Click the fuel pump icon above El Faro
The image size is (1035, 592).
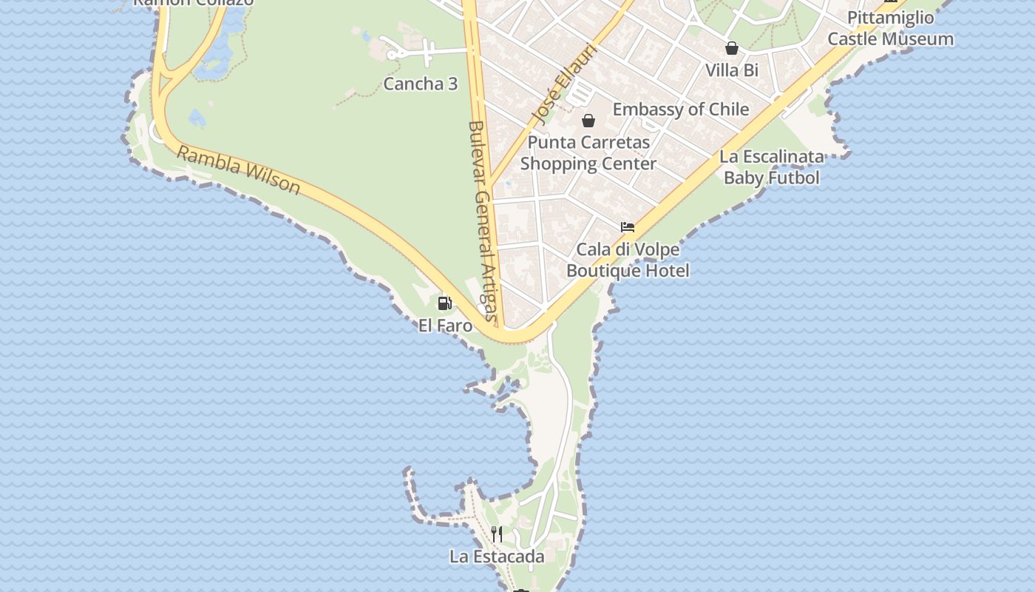(444, 303)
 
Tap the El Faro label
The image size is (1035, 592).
(445, 325)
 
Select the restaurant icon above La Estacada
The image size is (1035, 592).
(497, 534)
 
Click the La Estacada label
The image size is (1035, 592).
(497, 556)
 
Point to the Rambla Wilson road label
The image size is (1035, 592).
(239, 170)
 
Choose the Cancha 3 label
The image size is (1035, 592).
(420, 84)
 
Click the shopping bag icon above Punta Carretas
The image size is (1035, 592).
(588, 120)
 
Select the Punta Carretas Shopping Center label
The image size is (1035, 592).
(588, 153)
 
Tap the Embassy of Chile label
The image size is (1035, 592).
(681, 110)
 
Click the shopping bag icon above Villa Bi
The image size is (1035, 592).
(732, 49)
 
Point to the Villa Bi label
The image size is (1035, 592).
(732, 70)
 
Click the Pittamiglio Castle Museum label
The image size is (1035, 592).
(890, 28)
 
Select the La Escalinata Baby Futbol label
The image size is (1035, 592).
(772, 167)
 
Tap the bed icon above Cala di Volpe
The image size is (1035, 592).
(628, 227)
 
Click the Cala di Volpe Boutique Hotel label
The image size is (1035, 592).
(628, 260)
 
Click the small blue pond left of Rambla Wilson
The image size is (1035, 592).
(197, 118)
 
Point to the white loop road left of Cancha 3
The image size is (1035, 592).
(393, 53)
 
